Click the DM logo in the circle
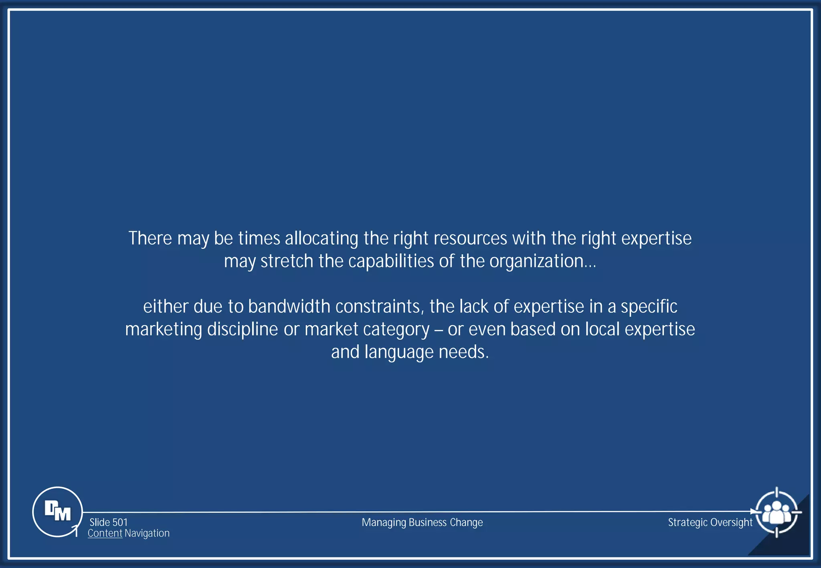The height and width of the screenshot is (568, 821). point(57,512)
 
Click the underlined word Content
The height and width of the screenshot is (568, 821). point(105,533)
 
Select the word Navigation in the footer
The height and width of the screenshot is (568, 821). point(147,533)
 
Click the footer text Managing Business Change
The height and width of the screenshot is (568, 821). point(422,522)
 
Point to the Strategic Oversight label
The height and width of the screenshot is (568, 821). point(710,522)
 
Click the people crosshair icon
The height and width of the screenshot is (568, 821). point(777,512)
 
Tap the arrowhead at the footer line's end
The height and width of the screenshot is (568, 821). point(752,512)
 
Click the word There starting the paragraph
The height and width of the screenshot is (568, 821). point(150,238)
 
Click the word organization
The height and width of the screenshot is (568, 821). point(536,262)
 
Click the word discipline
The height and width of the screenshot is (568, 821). point(243,330)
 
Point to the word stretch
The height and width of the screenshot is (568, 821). point(287,261)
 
